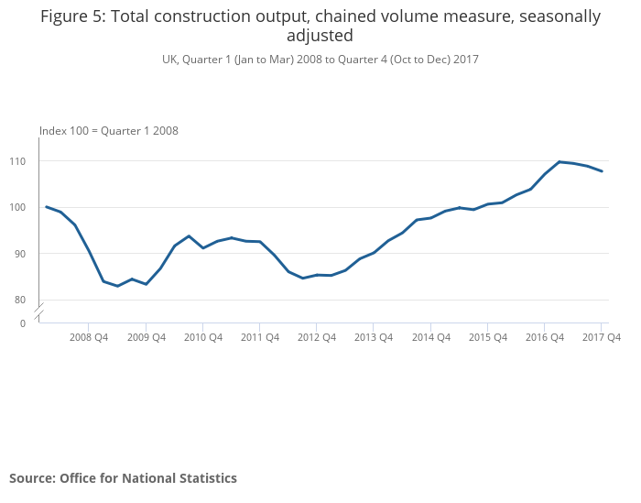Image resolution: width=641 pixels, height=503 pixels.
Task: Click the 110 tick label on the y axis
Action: pyautogui.click(x=18, y=161)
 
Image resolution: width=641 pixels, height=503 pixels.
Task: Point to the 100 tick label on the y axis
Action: pyautogui.click(x=18, y=207)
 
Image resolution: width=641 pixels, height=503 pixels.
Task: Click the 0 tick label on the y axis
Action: pyautogui.click(x=23, y=323)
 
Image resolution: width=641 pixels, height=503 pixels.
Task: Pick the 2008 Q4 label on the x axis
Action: pyautogui.click(x=89, y=337)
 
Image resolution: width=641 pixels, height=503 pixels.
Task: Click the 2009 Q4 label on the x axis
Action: pyautogui.click(x=147, y=337)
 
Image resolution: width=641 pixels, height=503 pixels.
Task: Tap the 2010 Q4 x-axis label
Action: pyautogui.click(x=203, y=337)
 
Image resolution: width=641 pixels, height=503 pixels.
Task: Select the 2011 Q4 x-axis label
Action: pyautogui.click(x=260, y=337)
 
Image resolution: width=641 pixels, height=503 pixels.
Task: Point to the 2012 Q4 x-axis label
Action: pyautogui.click(x=317, y=337)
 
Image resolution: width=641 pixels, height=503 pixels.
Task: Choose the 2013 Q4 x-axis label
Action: pyautogui.click(x=374, y=337)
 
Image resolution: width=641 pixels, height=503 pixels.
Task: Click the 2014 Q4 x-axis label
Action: pyautogui.click(x=431, y=337)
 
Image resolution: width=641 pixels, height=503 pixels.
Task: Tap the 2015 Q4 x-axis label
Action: pyautogui.click(x=488, y=337)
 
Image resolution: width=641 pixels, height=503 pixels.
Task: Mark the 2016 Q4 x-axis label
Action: pyautogui.click(x=545, y=337)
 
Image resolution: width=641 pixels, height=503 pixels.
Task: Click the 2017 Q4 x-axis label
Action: pyautogui.click(x=602, y=337)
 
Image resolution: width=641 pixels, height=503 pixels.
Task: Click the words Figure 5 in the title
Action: pyautogui.click(x=72, y=16)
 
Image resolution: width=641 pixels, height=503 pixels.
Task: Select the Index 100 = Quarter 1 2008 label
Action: pyautogui.click(x=108, y=131)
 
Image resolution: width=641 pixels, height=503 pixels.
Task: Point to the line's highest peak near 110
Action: pyautogui.click(x=560, y=162)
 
